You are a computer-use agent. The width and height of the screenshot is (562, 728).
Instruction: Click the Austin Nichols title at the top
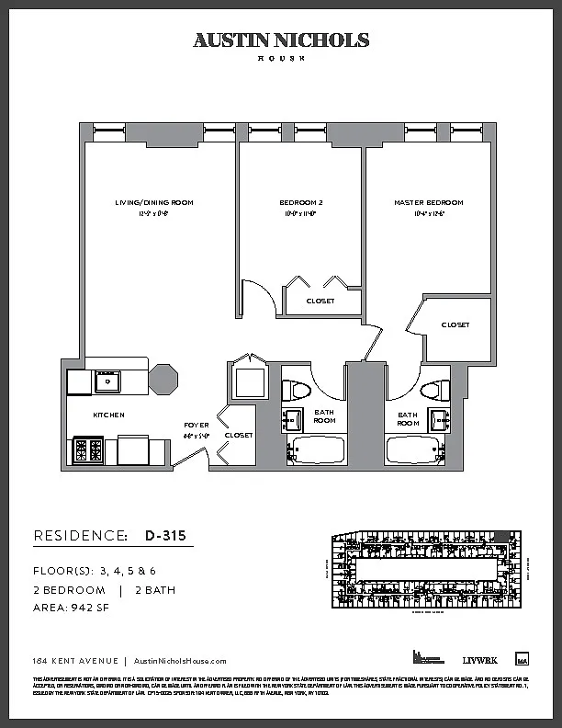point(281,40)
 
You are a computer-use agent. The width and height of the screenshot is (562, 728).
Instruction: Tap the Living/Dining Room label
point(154,202)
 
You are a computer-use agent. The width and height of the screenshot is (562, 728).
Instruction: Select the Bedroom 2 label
point(301,202)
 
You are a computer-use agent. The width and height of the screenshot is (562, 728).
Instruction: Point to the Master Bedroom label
point(429,202)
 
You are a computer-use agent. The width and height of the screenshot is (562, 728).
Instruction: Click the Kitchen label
point(108,415)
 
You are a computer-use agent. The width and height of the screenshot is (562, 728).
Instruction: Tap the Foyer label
point(196,425)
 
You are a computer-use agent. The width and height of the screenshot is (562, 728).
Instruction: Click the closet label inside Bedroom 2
point(320,301)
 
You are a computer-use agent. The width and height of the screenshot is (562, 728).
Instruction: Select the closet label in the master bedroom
point(455,325)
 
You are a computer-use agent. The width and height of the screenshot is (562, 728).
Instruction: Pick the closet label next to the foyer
point(238,435)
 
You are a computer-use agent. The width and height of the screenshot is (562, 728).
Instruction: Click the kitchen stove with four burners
point(87,450)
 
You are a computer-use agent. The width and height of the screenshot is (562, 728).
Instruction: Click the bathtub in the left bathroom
point(318,450)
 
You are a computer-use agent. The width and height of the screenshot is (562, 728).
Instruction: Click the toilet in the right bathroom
point(438,389)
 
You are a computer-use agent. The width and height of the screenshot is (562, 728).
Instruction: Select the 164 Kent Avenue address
point(68,661)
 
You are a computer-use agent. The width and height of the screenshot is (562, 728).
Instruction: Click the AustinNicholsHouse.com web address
point(180,661)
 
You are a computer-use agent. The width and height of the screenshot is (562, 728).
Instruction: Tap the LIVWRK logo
point(478,660)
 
